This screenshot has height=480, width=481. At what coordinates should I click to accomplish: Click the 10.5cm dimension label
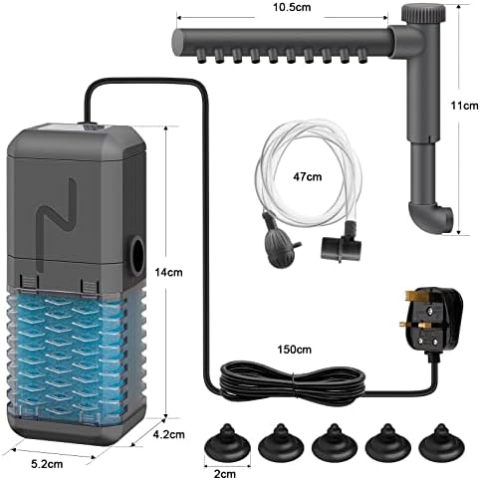(x=292, y=7)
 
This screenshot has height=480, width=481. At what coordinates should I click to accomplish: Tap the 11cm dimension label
(x=464, y=106)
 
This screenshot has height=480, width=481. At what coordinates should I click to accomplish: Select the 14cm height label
(x=168, y=272)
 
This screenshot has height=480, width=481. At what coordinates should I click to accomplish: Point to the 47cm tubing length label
(x=307, y=176)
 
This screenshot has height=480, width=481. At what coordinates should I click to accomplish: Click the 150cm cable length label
(x=294, y=350)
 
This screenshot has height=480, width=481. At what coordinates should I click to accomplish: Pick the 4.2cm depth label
(x=168, y=434)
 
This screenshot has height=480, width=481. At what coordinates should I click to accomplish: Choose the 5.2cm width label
(x=47, y=464)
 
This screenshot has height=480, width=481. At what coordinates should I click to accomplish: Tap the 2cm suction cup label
(x=225, y=474)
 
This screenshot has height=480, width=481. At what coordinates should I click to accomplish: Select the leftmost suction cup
(x=227, y=440)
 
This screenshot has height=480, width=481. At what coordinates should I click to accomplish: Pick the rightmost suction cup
(x=441, y=440)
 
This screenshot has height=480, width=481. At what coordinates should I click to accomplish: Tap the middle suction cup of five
(x=335, y=440)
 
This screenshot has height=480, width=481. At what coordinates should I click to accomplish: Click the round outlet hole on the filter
(x=137, y=255)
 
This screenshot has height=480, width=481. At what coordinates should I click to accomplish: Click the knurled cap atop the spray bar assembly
(x=423, y=14)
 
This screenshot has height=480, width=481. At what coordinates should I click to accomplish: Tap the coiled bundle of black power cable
(x=293, y=381)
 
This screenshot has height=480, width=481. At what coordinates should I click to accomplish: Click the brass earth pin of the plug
(x=414, y=296)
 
